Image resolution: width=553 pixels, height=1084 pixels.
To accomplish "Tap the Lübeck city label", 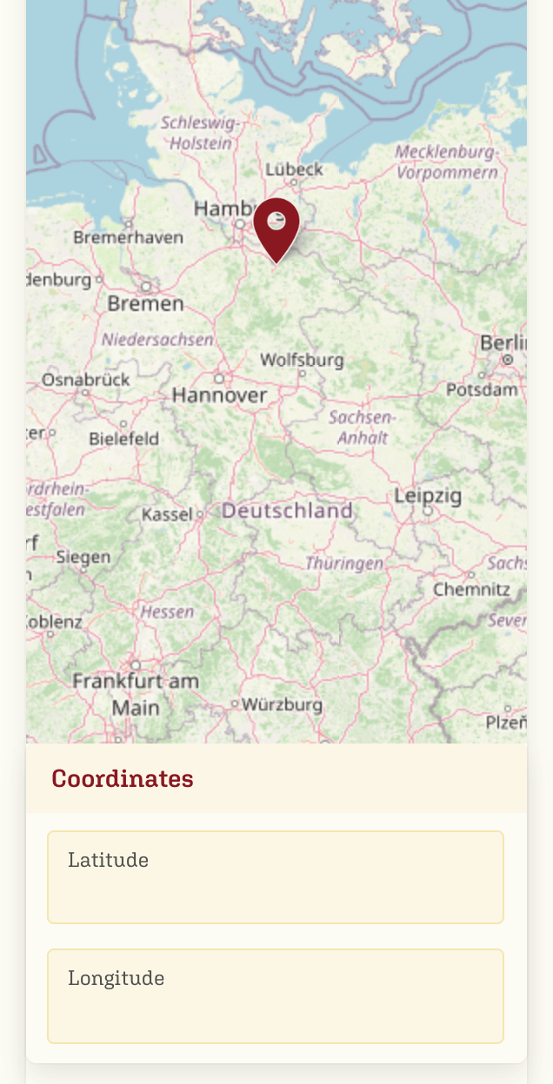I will (x=294, y=169).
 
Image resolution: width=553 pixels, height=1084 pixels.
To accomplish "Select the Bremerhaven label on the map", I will (x=128, y=237).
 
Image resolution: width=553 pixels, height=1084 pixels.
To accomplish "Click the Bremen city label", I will (x=145, y=303).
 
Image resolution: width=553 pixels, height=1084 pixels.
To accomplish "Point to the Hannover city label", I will (x=219, y=395).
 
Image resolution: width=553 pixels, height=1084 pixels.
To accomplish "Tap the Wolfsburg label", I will (x=302, y=360).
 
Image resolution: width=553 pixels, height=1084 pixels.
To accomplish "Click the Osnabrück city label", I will (x=85, y=380).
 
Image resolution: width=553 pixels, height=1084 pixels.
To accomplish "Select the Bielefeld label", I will (x=123, y=439).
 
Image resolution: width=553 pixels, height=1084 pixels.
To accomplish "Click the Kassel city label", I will (x=167, y=514).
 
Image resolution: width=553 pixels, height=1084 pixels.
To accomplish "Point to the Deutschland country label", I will (x=287, y=511).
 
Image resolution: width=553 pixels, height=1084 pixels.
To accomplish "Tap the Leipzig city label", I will (x=428, y=496).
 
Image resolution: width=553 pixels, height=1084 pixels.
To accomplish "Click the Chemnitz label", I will (x=471, y=590).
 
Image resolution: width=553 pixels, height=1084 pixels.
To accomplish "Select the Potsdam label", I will (x=482, y=390).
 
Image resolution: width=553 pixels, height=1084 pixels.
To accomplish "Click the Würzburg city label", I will (x=281, y=704).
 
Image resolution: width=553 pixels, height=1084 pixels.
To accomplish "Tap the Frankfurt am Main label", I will (x=136, y=694).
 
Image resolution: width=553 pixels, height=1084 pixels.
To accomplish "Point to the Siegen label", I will (x=83, y=558).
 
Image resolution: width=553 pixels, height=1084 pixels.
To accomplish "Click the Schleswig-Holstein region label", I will (x=201, y=133).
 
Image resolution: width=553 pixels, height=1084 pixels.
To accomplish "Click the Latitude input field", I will (x=276, y=877).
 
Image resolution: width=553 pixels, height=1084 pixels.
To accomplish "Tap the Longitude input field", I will (x=276, y=995).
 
